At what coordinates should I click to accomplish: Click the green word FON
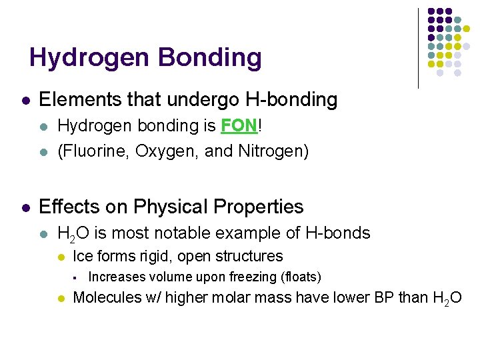pyautogui.click(x=235, y=126)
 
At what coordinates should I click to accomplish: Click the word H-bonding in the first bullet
pyautogui.click(x=291, y=100)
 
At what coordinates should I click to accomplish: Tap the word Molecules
pyautogui.click(x=107, y=297)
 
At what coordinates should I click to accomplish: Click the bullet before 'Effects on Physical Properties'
pyautogui.click(x=25, y=207)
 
